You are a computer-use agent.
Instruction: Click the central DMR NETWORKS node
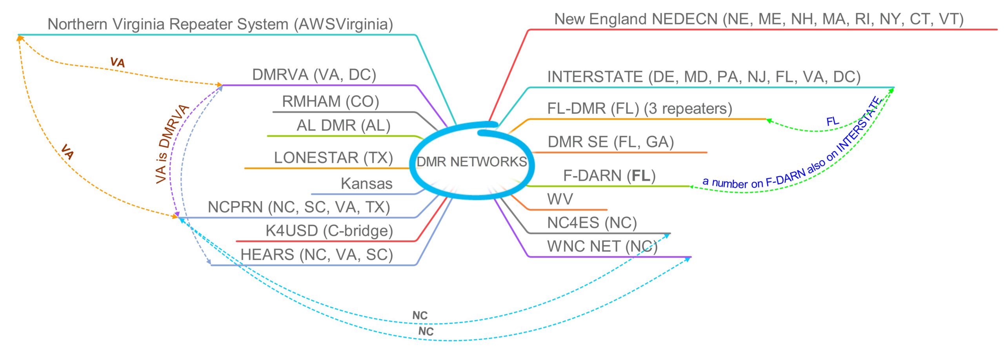point(471,162)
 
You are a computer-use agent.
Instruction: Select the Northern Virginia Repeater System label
point(220,24)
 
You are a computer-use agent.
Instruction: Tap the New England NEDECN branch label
point(758,19)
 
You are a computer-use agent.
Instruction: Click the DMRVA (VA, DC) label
point(314,75)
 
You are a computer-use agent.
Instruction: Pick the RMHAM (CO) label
point(330,102)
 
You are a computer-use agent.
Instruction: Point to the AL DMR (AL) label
point(343,125)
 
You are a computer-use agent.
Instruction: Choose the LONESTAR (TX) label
point(333,158)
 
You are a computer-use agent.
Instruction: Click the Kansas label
point(366,184)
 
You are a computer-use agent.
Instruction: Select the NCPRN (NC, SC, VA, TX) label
point(298,207)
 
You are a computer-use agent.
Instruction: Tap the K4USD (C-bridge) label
point(329,231)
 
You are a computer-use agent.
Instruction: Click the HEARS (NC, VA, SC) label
point(316,255)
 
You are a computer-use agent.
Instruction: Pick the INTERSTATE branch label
point(704,77)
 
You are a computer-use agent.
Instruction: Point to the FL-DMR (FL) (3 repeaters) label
point(639,109)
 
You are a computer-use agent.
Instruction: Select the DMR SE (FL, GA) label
point(611,142)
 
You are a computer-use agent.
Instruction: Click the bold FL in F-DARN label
point(641,176)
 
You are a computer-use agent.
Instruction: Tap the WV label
point(560,199)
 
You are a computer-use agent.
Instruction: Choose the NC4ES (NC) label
point(591,223)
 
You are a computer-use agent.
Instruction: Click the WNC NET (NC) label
point(602,247)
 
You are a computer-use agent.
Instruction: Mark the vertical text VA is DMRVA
point(172,144)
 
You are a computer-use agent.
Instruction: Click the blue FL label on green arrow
point(832,121)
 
